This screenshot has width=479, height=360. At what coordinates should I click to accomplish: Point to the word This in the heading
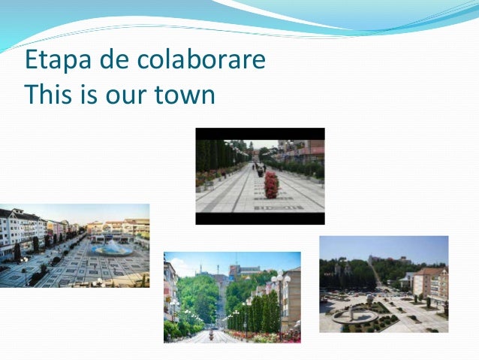[x=47, y=95]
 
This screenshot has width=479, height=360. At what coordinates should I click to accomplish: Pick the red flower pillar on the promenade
[x=271, y=184]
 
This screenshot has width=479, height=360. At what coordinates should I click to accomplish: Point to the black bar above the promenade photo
[x=260, y=134]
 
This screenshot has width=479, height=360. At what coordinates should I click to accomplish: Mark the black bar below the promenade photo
[x=260, y=218]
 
